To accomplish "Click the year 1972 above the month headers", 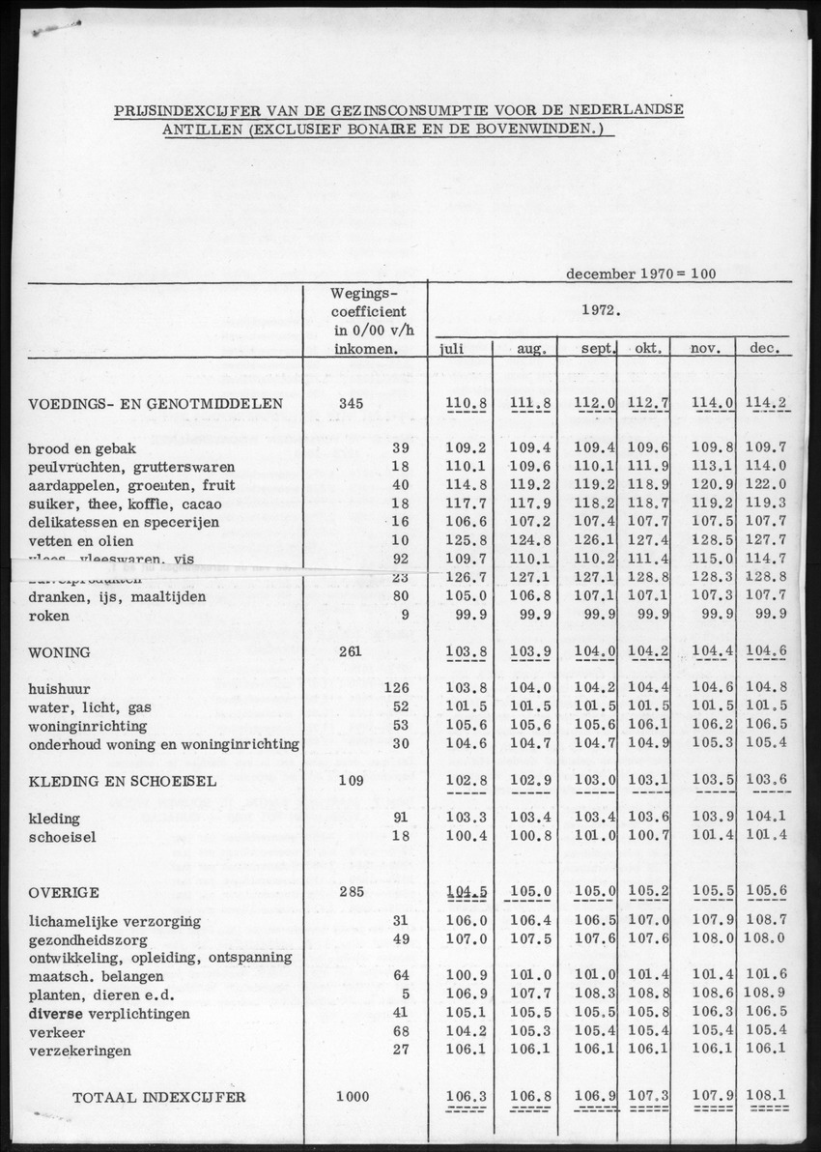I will [601, 311].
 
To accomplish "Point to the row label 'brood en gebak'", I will [82, 449].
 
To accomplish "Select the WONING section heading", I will [59, 652].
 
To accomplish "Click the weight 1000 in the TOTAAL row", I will [353, 1097].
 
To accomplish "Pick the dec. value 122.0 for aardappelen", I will [769, 485].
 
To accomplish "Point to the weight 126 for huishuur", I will [398, 688].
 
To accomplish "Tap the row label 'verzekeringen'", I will [78, 1051].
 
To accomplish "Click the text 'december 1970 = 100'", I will [640, 274].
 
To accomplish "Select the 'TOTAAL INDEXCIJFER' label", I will [159, 1097].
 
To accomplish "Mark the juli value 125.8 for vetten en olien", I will [461, 540].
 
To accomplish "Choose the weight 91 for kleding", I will [402, 819].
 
